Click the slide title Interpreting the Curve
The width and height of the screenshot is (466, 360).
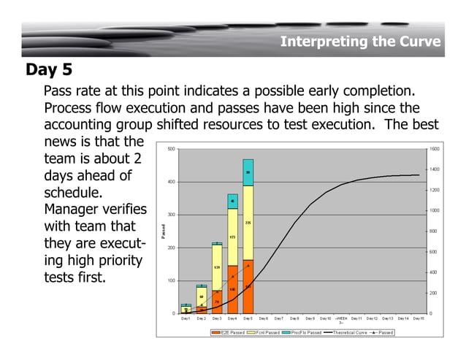point(360,42)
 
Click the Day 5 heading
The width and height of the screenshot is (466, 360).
point(49,70)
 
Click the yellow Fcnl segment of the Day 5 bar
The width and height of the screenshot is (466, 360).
point(248,222)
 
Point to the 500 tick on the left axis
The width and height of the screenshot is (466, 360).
point(171,149)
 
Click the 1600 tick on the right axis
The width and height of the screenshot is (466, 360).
point(435,149)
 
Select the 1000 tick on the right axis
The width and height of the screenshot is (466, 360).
point(435,210)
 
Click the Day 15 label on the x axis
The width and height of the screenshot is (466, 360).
point(419,318)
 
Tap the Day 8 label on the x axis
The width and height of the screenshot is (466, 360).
point(294,318)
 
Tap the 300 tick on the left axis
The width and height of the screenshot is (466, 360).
point(171,215)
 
